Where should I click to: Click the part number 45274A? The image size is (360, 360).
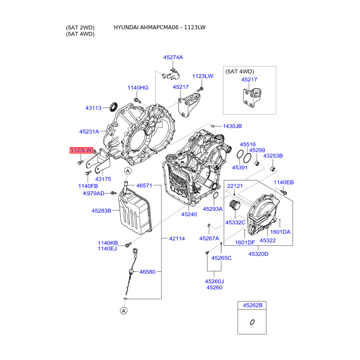(x=173, y=58)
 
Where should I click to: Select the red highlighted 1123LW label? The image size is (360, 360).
(x=81, y=150)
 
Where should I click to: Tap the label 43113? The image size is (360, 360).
(x=94, y=108)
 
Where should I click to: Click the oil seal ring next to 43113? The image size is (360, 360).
(x=114, y=107)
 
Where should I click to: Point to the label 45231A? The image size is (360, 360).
(x=89, y=131)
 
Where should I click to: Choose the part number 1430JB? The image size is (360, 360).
(x=232, y=126)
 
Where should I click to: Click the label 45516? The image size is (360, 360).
(x=247, y=144)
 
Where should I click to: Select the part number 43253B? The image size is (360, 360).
(x=273, y=156)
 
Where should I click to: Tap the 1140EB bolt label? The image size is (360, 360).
(x=283, y=182)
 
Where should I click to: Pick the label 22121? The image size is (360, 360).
(x=235, y=186)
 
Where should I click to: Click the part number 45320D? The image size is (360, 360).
(x=258, y=254)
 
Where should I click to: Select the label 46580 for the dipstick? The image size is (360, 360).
(x=147, y=272)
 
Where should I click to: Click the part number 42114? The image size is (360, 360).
(x=177, y=238)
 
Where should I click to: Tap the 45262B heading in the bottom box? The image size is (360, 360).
(x=252, y=305)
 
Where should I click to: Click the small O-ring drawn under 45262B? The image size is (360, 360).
(x=252, y=322)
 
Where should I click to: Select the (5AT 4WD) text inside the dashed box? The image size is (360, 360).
(x=240, y=72)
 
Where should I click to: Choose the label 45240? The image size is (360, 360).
(x=189, y=215)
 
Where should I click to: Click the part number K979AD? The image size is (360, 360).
(x=94, y=193)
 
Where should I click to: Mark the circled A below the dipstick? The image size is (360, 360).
(x=123, y=310)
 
